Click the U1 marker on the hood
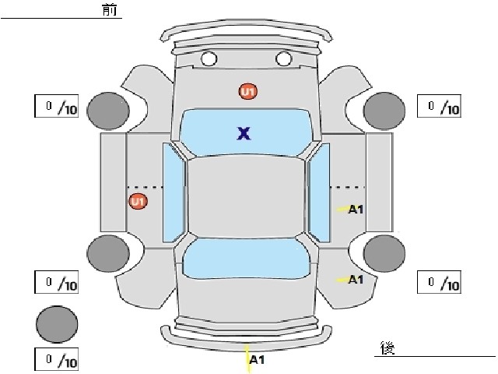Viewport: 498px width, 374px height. pyautogui.click(x=248, y=92)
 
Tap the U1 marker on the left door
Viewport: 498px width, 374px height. pyautogui.click(x=139, y=202)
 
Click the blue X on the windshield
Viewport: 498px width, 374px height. pyautogui.click(x=244, y=133)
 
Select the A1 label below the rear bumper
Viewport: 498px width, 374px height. pyautogui.click(x=258, y=360)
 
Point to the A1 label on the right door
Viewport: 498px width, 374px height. pyautogui.click(x=356, y=210)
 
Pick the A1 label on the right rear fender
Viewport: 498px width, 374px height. pyautogui.click(x=356, y=280)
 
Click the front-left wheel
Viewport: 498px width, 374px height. pyautogui.click(x=108, y=111)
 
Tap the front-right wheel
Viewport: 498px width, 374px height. pyautogui.click(x=384, y=111)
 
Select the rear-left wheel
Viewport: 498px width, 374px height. pyautogui.click(x=108, y=253)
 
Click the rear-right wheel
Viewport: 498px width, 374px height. pyautogui.click(x=384, y=253)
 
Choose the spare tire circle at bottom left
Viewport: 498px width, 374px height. pyautogui.click(x=57, y=324)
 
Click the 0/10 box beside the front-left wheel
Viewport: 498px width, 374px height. pyautogui.click(x=57, y=106)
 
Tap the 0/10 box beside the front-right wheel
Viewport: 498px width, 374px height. pyautogui.click(x=439, y=106)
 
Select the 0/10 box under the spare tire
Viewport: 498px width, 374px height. pyautogui.click(x=57, y=359)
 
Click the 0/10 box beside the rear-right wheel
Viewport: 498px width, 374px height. pyautogui.click(x=439, y=282)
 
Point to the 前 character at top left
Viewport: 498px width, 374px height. pyautogui.click(x=110, y=9)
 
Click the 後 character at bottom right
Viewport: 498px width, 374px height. pyautogui.click(x=388, y=348)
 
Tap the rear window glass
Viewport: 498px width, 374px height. pyautogui.click(x=246, y=259)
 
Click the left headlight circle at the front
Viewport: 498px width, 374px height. pyautogui.click(x=209, y=58)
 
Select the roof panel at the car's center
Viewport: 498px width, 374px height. pyautogui.click(x=246, y=197)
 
